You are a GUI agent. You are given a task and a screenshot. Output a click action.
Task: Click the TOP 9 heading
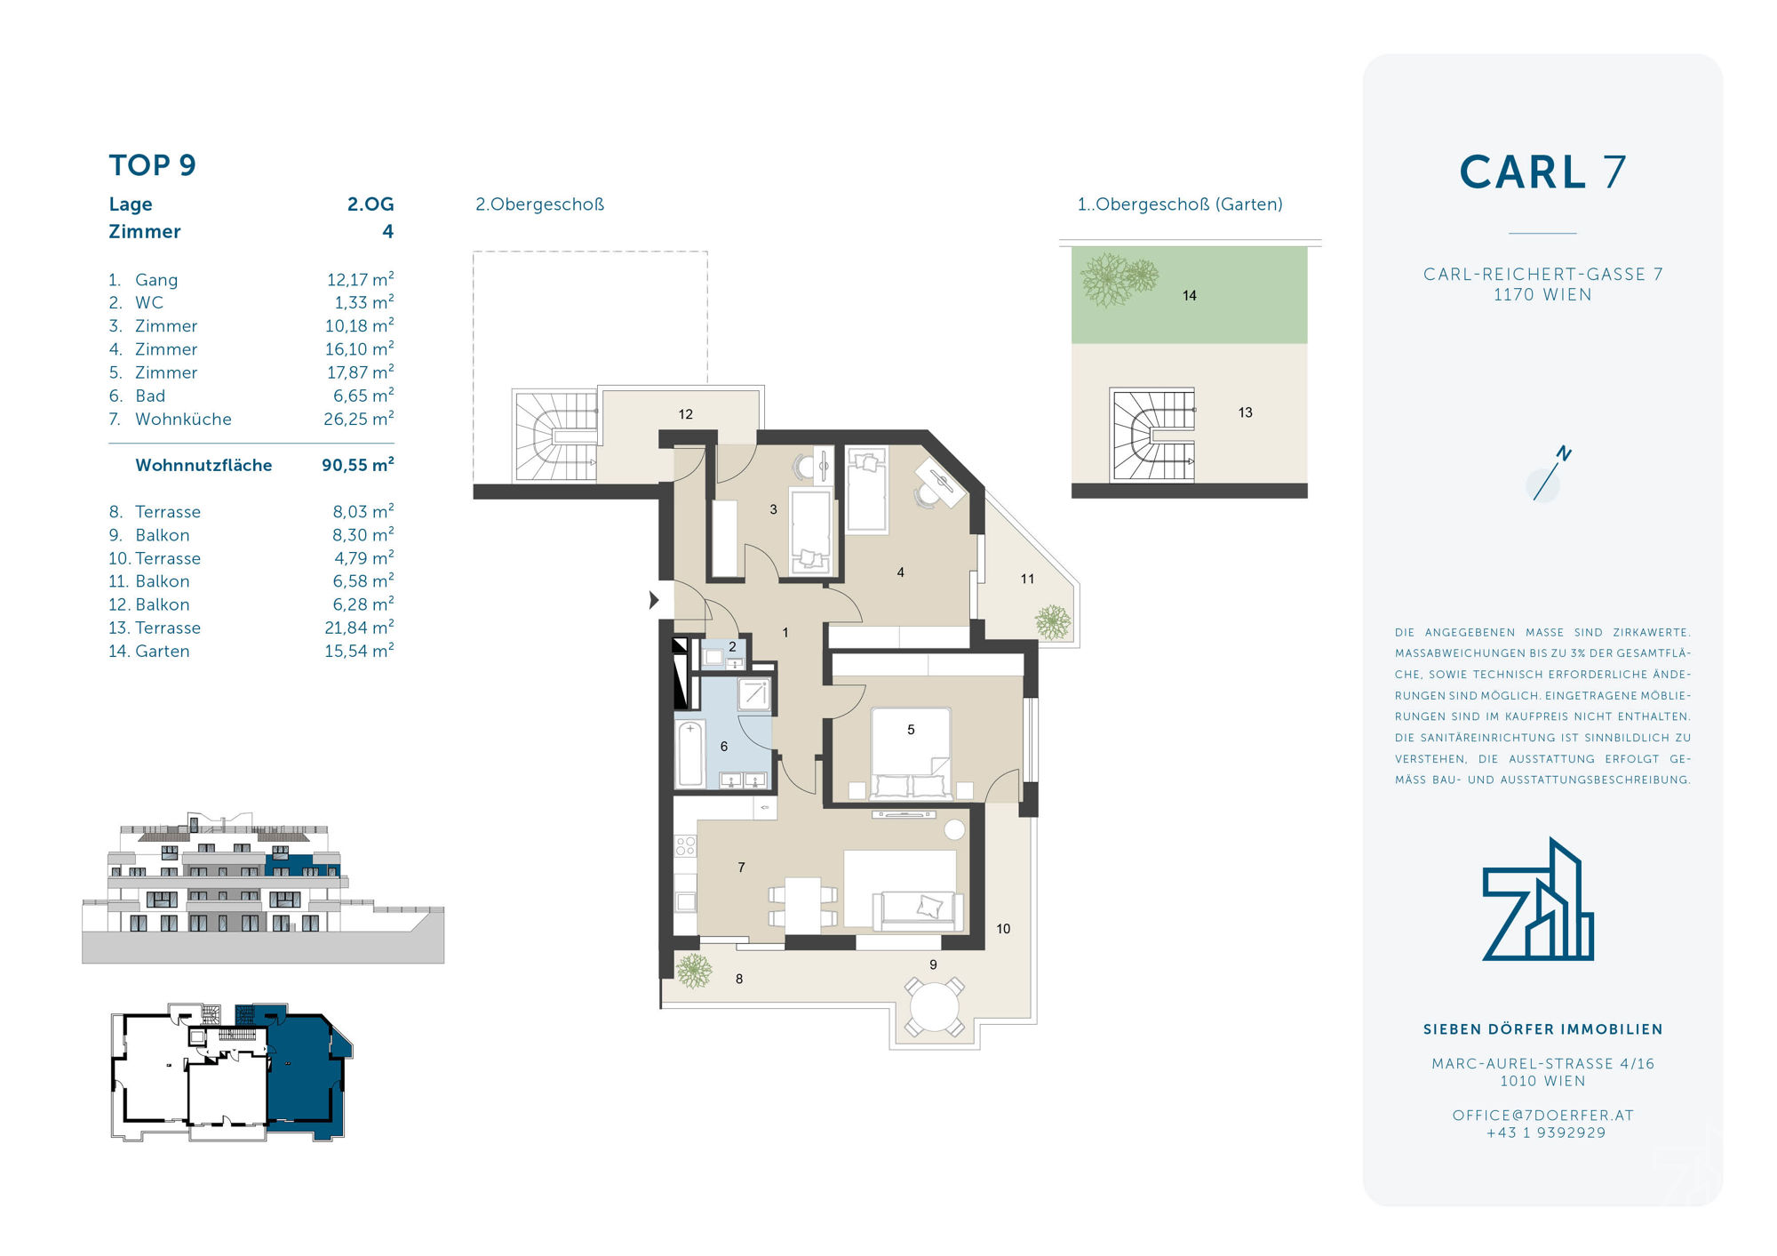pos(152,165)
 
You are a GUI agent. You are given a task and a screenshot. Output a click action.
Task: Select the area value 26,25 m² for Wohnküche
pos(359,419)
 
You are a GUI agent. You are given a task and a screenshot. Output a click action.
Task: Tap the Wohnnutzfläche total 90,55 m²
pos(358,465)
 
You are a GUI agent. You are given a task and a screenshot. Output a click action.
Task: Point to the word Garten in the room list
pos(163,651)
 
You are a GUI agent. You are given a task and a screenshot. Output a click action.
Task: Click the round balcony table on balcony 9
pos(934,1007)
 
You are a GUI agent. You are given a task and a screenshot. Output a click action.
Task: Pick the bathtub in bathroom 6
pos(690,755)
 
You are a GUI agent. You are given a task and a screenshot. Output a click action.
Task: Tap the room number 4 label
pos(901,572)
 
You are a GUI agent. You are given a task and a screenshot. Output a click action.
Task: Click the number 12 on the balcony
pos(686,414)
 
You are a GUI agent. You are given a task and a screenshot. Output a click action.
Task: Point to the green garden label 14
pos(1190,295)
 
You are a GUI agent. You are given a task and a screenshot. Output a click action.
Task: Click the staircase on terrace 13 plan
pos(1152,436)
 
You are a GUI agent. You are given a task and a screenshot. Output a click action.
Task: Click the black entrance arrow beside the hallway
pos(654,600)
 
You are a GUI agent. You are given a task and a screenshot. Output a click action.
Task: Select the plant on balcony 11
pos(1054,621)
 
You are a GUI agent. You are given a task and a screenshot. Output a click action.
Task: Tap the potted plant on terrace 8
pos(694,970)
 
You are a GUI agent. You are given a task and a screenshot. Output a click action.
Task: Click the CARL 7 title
pos(1543,172)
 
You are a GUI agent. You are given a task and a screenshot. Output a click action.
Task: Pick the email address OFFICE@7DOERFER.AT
pos(1543,1115)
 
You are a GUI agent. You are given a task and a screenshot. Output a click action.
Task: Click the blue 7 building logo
pos(1538,899)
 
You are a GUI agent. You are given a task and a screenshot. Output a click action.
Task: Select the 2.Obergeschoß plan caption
pos(540,204)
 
